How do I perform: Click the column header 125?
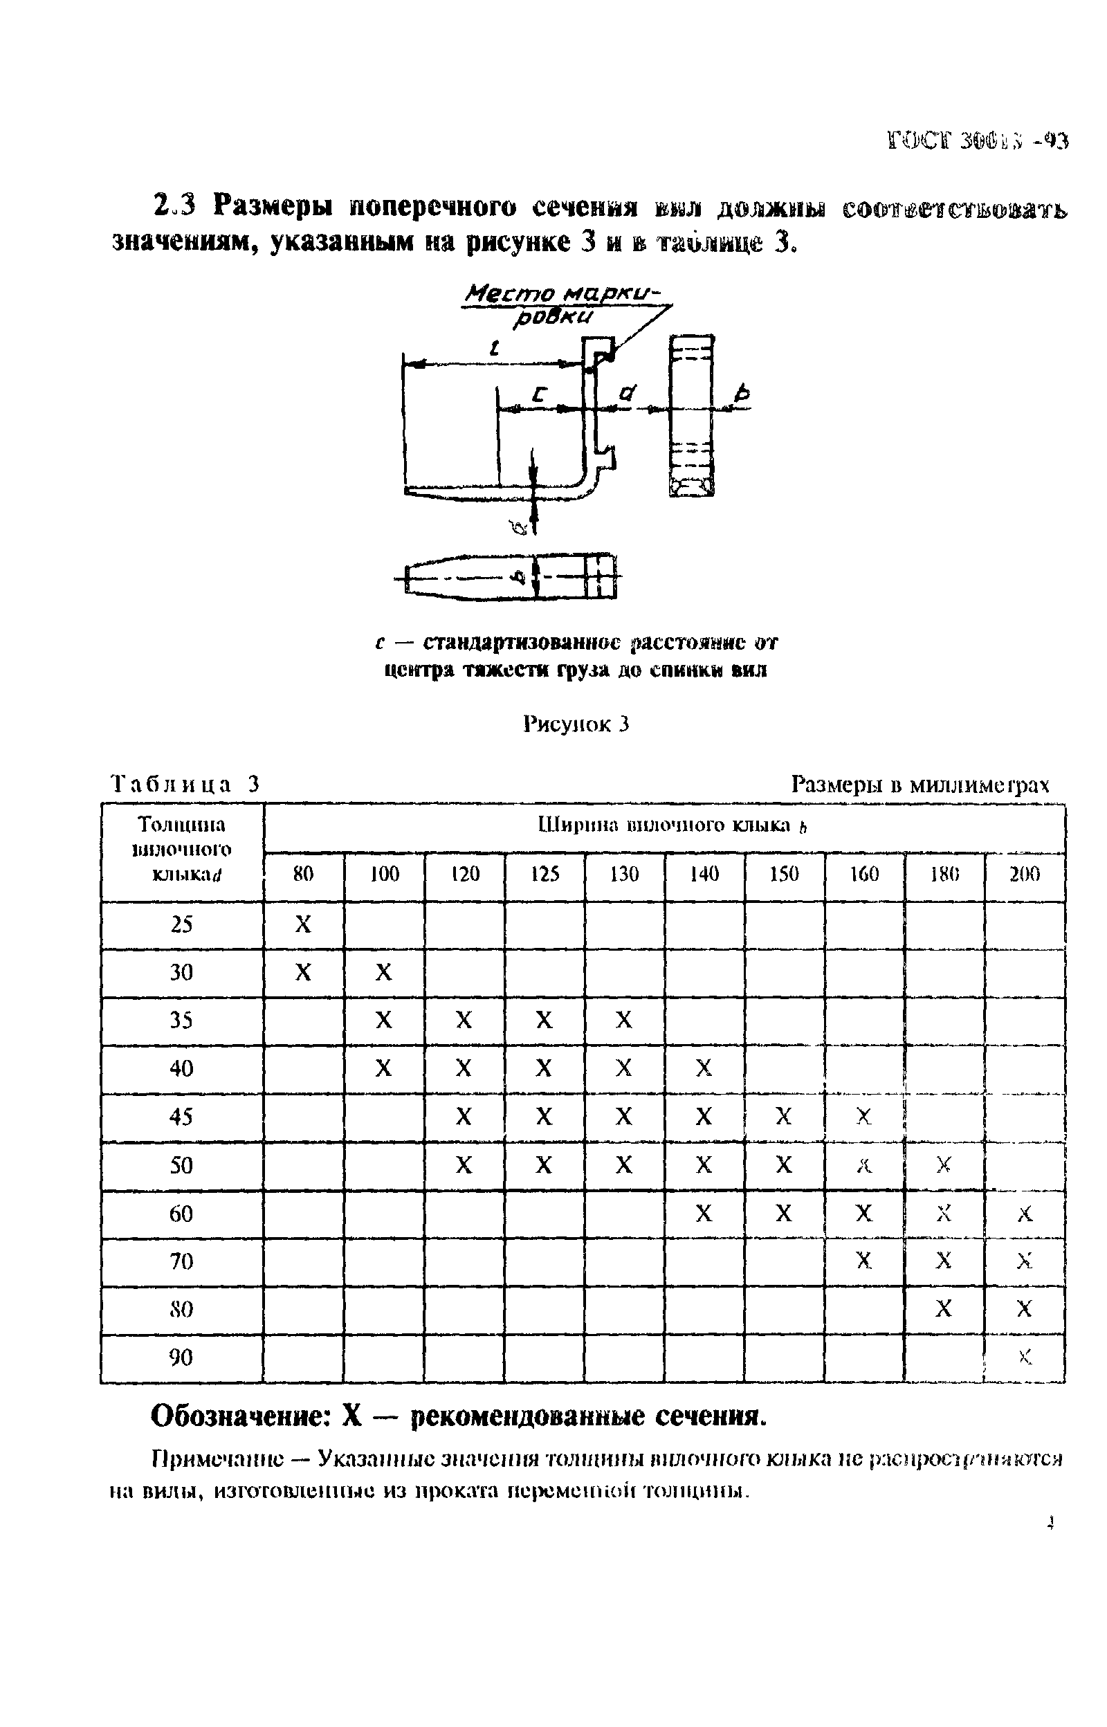(544, 874)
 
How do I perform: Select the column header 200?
(1025, 874)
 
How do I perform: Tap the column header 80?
(303, 874)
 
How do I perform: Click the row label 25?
(181, 924)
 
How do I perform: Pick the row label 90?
(181, 1358)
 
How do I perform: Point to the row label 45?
(181, 1117)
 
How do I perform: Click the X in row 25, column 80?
(303, 924)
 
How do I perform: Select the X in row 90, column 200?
(1025, 1358)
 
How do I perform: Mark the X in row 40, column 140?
(704, 1069)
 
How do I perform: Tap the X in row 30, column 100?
(384, 972)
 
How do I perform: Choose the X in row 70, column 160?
(864, 1261)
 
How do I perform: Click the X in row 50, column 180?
(944, 1165)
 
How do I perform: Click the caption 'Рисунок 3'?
(576, 724)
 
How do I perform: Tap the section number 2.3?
(174, 206)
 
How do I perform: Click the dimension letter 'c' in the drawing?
(538, 394)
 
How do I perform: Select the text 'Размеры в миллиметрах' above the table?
(920, 784)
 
